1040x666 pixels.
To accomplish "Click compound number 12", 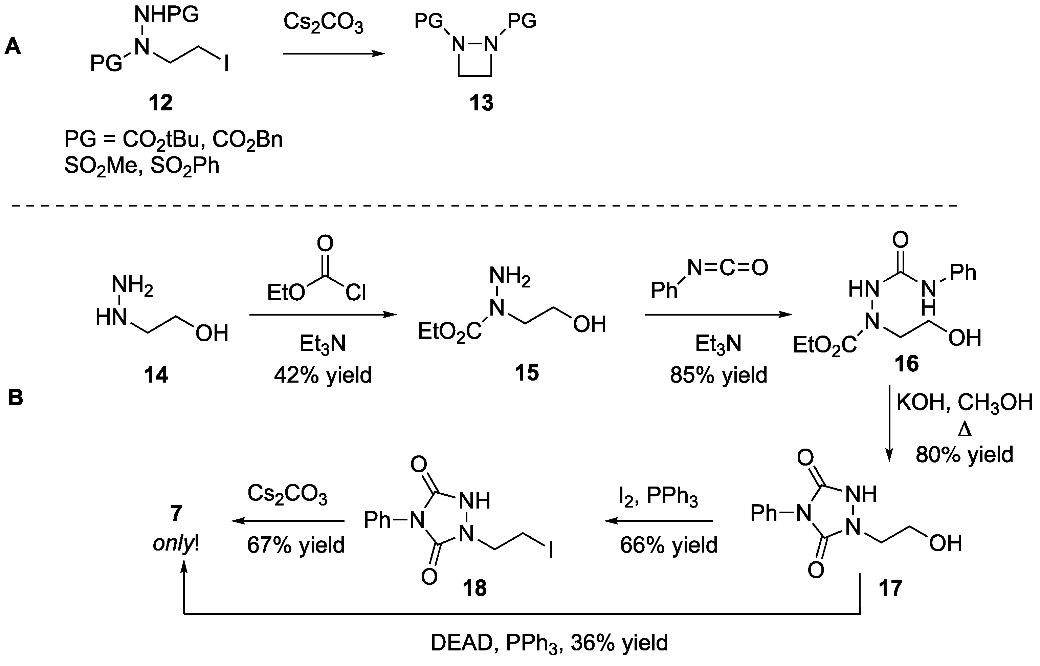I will [x=160, y=103].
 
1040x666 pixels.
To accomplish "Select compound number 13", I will [x=481, y=103].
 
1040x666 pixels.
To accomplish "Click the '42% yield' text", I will [x=323, y=375].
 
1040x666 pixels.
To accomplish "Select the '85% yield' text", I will [x=718, y=375].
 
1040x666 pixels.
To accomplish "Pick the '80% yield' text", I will [x=964, y=454].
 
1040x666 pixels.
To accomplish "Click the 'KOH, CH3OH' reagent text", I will [x=964, y=403].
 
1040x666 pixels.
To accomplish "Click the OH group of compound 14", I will [x=212, y=334].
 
